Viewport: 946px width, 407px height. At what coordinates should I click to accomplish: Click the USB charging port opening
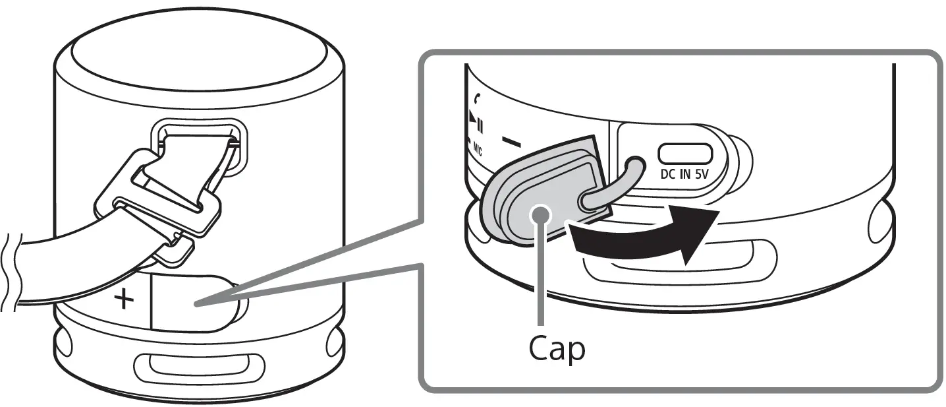685,154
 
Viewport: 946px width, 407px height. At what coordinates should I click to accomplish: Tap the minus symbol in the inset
511,142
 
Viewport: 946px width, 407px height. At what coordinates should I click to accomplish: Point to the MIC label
476,151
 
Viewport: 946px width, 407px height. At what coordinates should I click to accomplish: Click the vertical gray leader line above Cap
541,277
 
